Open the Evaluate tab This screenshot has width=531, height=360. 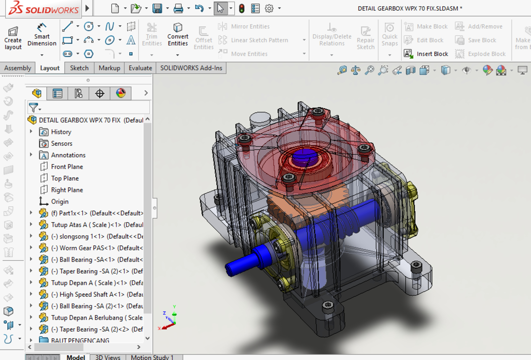140,68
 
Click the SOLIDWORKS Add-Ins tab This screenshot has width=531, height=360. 191,68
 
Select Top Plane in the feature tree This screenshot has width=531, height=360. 65,178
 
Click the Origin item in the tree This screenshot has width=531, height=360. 59,202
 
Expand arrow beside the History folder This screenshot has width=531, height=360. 31,132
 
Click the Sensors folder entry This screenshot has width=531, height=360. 61,144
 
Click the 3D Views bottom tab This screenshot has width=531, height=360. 108,357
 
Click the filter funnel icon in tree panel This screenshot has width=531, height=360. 33,108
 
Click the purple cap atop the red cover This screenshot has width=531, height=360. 304,156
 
